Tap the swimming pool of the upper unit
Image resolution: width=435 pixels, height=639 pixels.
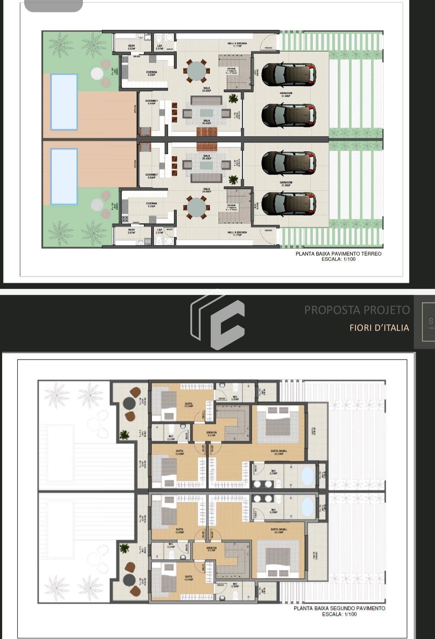point(64,102)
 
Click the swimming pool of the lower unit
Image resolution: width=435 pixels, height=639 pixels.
point(64,176)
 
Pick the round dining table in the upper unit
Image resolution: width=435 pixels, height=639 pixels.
point(197,71)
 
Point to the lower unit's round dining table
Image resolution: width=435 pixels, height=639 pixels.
point(197,207)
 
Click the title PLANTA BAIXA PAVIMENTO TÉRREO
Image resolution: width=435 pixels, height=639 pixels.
point(338,254)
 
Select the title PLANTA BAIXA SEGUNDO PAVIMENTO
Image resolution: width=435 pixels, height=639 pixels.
point(339,608)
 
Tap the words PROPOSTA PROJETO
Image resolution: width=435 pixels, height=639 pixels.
point(357,310)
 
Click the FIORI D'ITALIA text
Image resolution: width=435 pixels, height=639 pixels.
point(379,328)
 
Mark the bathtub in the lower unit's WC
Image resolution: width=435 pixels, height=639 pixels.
point(308,507)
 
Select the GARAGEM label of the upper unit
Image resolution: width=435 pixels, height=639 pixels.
point(286,94)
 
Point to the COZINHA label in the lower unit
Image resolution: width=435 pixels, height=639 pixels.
point(152,204)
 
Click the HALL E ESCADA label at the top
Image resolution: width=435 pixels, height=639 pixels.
point(237,44)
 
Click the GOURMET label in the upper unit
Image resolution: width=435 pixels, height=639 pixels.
point(152,102)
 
